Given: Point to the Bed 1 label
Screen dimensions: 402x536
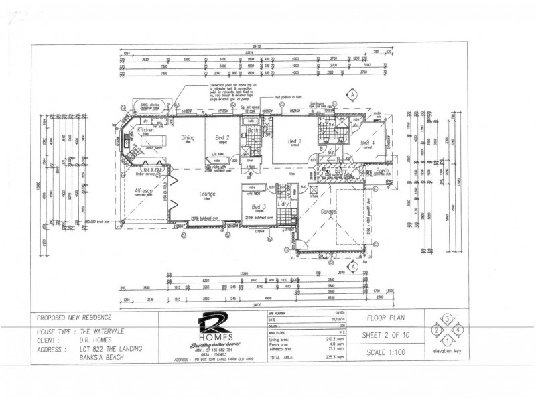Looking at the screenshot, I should pos(294,141).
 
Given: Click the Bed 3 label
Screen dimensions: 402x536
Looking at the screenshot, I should pos(260,207).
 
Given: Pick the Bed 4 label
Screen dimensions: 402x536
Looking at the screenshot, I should pos(368,143).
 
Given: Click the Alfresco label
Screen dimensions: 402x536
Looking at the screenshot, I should pos(145,192).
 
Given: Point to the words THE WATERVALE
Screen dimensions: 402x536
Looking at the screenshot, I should pos(104,331).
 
